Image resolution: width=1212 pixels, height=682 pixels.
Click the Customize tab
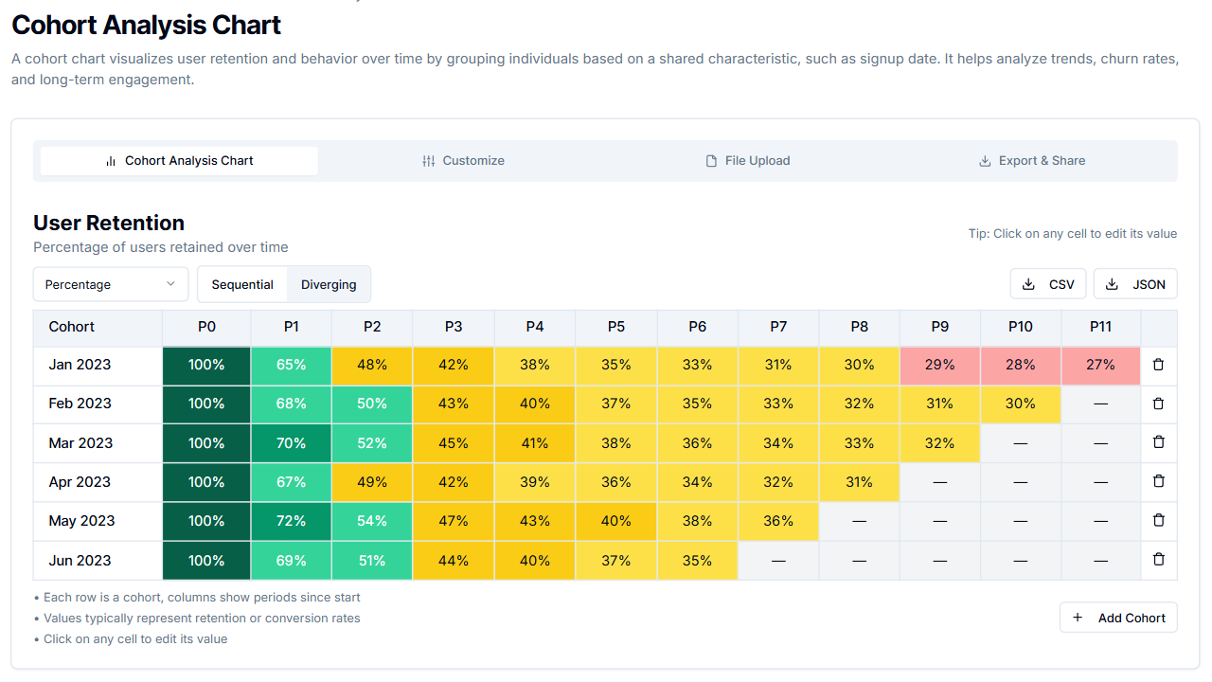(x=463, y=161)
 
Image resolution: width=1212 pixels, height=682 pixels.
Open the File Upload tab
(x=747, y=161)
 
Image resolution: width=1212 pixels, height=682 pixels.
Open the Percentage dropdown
(x=111, y=284)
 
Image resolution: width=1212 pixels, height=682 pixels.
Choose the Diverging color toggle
(x=329, y=284)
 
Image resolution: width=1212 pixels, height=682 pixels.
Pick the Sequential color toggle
(x=242, y=284)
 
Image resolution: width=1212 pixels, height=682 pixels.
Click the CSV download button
(x=1048, y=284)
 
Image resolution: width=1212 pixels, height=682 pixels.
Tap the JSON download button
(x=1135, y=284)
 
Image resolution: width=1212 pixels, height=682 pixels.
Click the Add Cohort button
(x=1118, y=618)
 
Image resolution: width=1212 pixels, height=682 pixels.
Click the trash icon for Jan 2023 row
(x=1158, y=365)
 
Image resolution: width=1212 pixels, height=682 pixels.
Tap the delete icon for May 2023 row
(x=1158, y=520)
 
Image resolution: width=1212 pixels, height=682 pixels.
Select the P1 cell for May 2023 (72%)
(x=291, y=521)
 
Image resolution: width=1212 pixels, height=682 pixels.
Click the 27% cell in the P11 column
(x=1100, y=365)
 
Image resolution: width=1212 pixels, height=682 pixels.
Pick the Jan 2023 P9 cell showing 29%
(x=939, y=365)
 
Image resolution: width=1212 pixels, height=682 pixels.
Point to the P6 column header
(x=697, y=327)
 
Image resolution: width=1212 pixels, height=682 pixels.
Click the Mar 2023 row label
(x=80, y=443)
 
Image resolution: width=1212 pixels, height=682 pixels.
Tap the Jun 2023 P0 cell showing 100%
(x=206, y=561)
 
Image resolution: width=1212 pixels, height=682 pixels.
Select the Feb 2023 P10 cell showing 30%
(x=1020, y=404)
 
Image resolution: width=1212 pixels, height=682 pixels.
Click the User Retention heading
(x=109, y=224)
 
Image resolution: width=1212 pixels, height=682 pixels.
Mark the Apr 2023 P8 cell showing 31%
(x=859, y=482)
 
